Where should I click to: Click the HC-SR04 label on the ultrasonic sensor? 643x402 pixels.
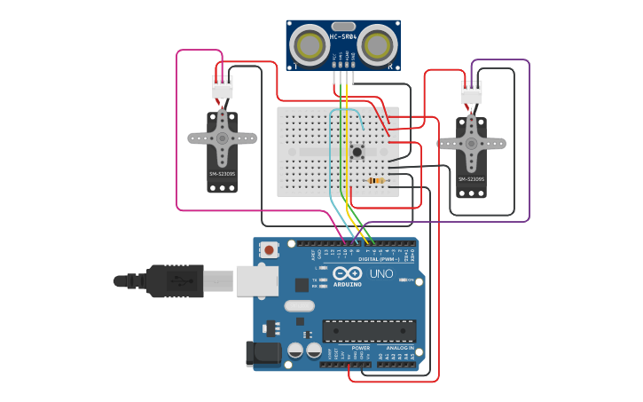pos(343,36)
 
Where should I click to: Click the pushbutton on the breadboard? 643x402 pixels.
pos(357,151)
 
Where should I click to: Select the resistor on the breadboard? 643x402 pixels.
pos(377,181)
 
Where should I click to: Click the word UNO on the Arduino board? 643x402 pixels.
pos(381,273)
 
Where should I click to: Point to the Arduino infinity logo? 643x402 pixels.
pos(348,273)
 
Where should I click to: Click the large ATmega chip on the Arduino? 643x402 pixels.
pos(368,331)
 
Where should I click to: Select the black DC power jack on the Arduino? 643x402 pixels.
pos(263,353)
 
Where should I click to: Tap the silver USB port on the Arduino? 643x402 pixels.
pos(256,280)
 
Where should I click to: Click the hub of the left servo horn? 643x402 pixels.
pos(222,138)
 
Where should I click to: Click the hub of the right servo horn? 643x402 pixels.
pos(471,143)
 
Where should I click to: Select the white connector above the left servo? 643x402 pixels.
pos(223,87)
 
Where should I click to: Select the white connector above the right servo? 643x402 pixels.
pos(471,92)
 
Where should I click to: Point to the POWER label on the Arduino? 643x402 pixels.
pos(348,348)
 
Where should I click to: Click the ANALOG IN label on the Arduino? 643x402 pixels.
pos(398,348)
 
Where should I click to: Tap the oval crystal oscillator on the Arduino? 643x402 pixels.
pos(299,306)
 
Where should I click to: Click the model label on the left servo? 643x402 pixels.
pos(222,174)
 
